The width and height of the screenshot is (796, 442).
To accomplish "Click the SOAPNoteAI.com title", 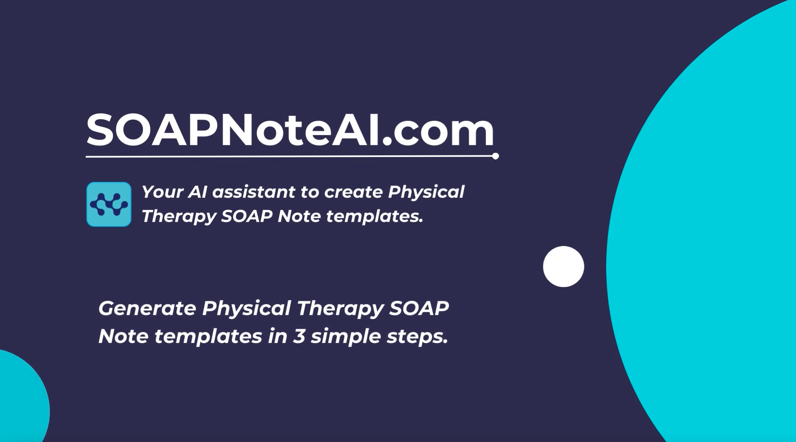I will tap(290, 130).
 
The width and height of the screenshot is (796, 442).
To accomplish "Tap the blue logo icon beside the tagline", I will tap(109, 204).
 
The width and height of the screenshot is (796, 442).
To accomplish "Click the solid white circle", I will tap(563, 267).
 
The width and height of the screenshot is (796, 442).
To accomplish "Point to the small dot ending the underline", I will tap(496, 156).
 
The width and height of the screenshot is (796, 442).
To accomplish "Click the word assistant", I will tap(254, 192).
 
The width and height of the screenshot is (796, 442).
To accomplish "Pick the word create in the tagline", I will tap(353, 192).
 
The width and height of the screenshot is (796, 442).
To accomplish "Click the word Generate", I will tap(147, 308).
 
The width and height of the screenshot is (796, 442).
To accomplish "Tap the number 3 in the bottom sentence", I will tap(299, 336).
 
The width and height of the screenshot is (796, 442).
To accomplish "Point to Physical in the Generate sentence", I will tap(246, 308).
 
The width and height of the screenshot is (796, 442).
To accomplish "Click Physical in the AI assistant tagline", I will tap(426, 192).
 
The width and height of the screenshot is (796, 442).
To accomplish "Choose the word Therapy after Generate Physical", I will tap(340, 309).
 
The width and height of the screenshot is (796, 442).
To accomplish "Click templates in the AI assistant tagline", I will tap(374, 216).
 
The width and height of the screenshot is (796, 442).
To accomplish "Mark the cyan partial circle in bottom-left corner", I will tap(21, 399).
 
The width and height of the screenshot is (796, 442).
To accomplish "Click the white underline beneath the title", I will tap(290, 157).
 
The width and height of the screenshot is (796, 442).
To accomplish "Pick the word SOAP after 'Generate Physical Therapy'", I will tap(419, 308).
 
